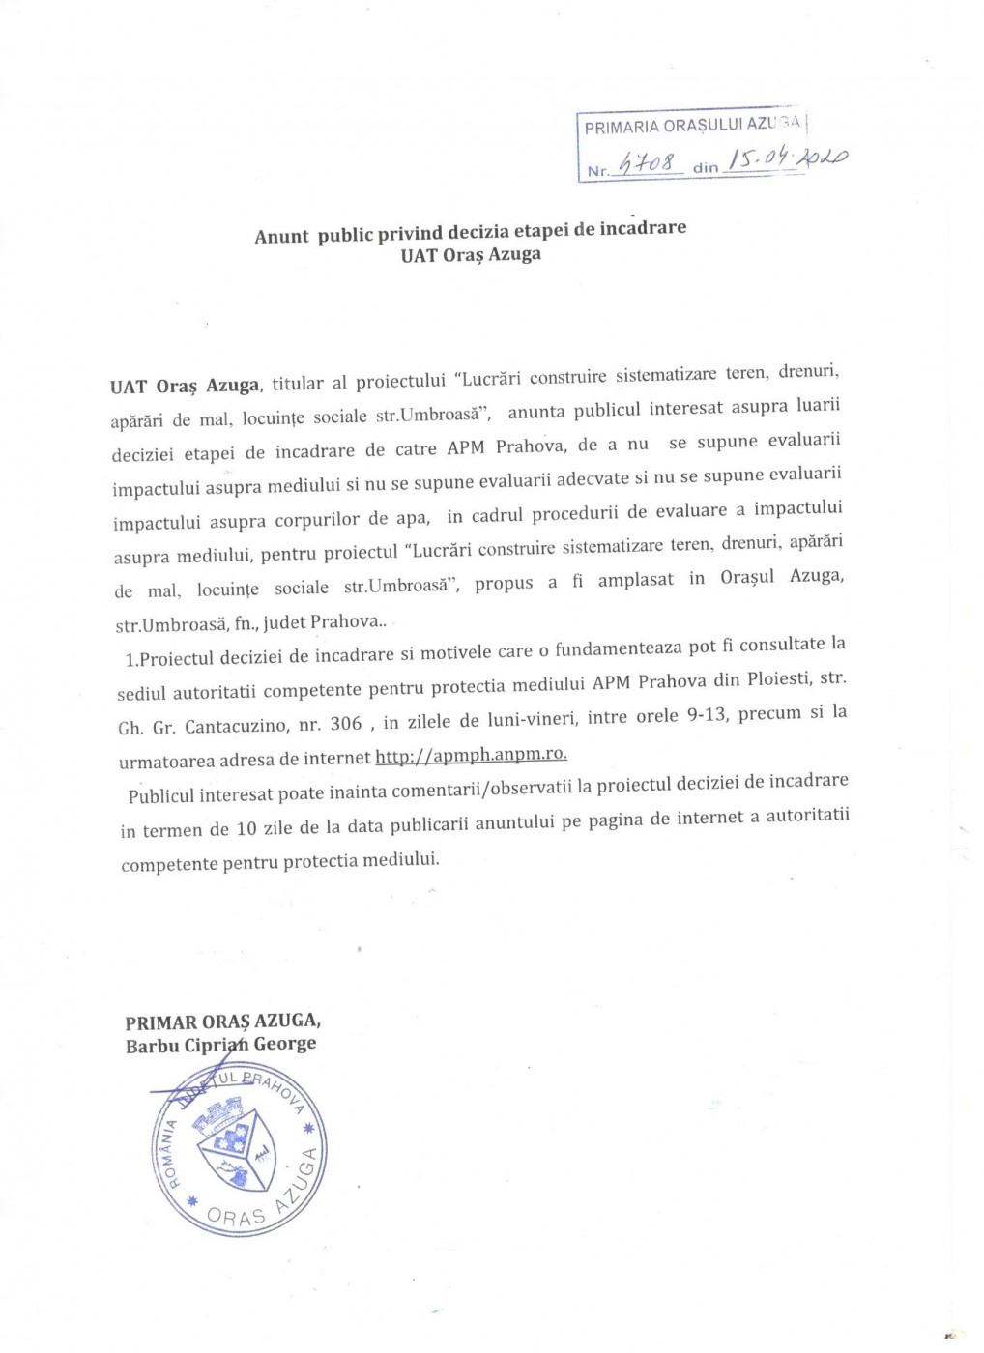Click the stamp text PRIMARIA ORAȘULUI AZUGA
(x=692, y=125)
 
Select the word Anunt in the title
(x=281, y=237)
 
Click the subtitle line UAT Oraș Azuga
(x=471, y=255)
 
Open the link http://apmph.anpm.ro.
(x=471, y=755)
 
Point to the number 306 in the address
(x=346, y=723)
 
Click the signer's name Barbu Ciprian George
(x=220, y=1045)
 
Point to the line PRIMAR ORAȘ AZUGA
(x=222, y=1022)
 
